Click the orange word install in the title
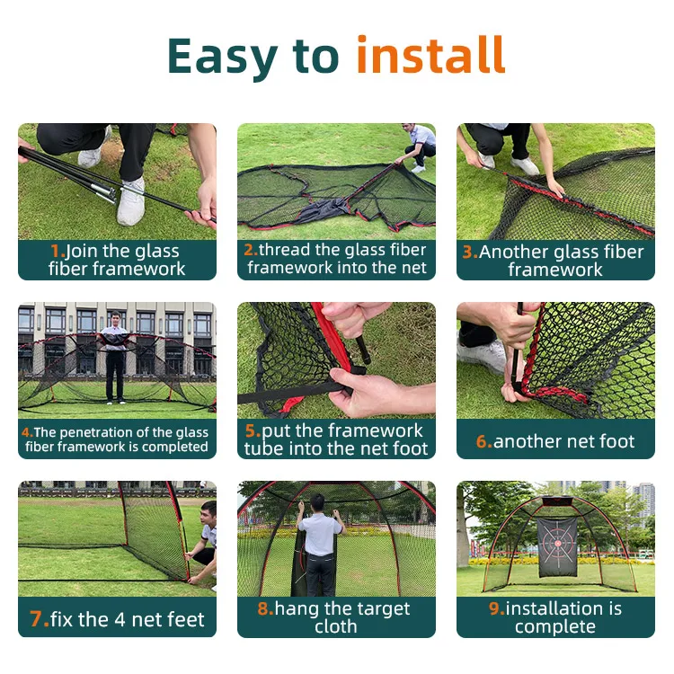pyautogui.click(x=430, y=56)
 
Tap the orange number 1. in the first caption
pyautogui.click(x=57, y=252)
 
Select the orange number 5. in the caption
pyautogui.click(x=252, y=430)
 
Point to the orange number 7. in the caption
pyautogui.click(x=39, y=619)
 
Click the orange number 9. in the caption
pyautogui.click(x=496, y=609)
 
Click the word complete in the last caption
pyautogui.click(x=554, y=626)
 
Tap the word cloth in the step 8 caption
pyautogui.click(x=335, y=626)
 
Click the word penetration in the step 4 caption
pyautogui.click(x=94, y=432)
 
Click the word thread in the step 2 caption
pyautogui.click(x=281, y=250)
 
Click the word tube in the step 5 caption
pyautogui.click(x=265, y=448)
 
